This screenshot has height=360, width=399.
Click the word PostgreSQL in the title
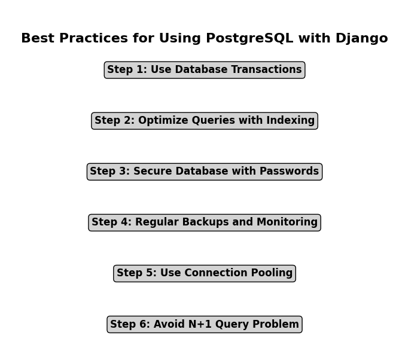tap(249, 39)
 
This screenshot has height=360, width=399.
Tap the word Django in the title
tap(361, 39)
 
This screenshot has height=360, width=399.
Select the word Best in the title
tap(38, 38)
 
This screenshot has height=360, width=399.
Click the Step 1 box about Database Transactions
tap(205, 70)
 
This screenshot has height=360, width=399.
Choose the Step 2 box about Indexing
tap(205, 121)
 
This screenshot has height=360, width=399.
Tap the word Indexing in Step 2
tap(290, 121)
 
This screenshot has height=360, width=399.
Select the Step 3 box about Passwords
tap(205, 172)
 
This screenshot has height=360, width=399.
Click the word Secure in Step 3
tap(153, 171)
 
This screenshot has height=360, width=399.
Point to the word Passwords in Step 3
tap(289, 171)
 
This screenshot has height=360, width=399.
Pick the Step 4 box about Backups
tap(205, 222)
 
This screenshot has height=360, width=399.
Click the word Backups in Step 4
tap(205, 222)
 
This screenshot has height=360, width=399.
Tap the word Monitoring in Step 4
tap(287, 222)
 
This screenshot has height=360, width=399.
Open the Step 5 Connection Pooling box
tap(205, 273)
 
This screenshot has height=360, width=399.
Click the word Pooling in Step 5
tap(272, 273)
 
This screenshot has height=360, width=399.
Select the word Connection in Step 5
tap(216, 273)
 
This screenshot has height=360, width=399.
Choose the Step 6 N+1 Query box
tap(205, 324)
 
